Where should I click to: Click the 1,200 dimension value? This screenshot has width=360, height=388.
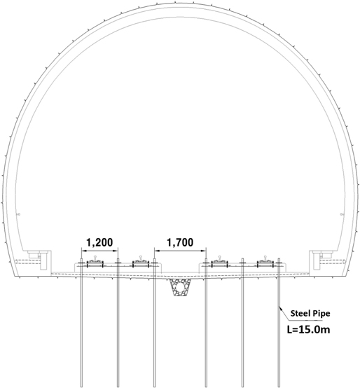pos(99,242)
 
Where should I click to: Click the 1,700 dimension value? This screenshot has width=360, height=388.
pos(180,242)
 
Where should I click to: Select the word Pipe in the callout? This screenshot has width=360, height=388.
pos(321,314)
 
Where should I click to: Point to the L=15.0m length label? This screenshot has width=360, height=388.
pos(309,330)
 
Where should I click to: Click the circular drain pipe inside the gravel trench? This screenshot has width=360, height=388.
pos(180,286)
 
